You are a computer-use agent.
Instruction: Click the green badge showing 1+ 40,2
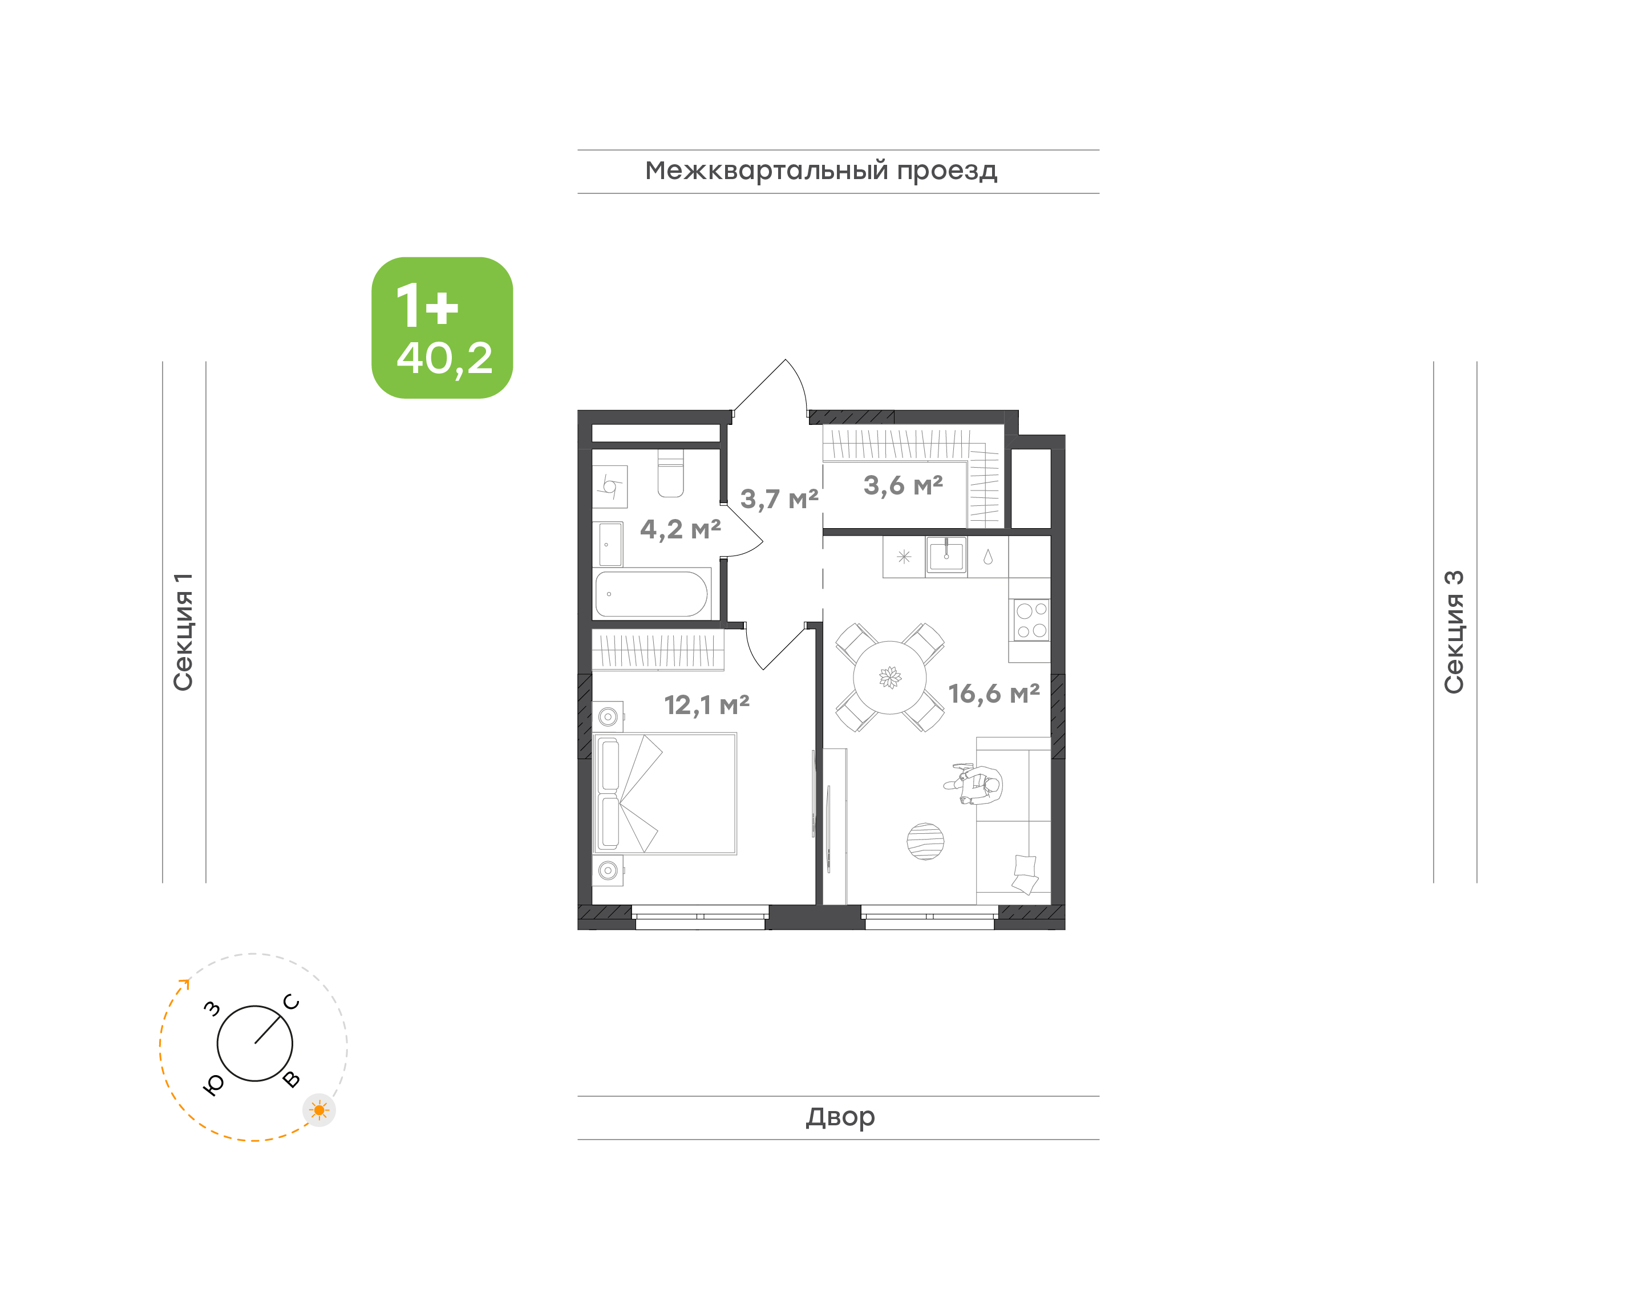[x=442, y=327]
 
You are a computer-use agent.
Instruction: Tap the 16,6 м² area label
[x=993, y=694]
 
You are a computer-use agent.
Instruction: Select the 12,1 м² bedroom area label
[x=706, y=705]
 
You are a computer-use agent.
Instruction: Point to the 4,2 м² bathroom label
[x=680, y=529]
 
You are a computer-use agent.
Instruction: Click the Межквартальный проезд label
[x=821, y=171]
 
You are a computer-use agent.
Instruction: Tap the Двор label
[x=840, y=1117]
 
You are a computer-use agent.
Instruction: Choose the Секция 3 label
[x=1454, y=632]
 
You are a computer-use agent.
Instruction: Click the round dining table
[x=890, y=677]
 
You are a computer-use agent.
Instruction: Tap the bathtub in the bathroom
[x=651, y=594]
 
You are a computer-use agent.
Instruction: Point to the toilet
[x=670, y=474]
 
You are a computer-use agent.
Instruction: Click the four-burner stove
[x=1031, y=619]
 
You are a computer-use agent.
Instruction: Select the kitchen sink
[x=946, y=556]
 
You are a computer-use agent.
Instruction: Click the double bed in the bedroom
[x=664, y=794]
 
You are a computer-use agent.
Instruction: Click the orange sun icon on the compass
[x=319, y=1110]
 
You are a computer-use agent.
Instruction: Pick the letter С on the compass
[x=292, y=1002]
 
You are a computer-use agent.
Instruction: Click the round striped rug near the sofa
[x=925, y=841]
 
